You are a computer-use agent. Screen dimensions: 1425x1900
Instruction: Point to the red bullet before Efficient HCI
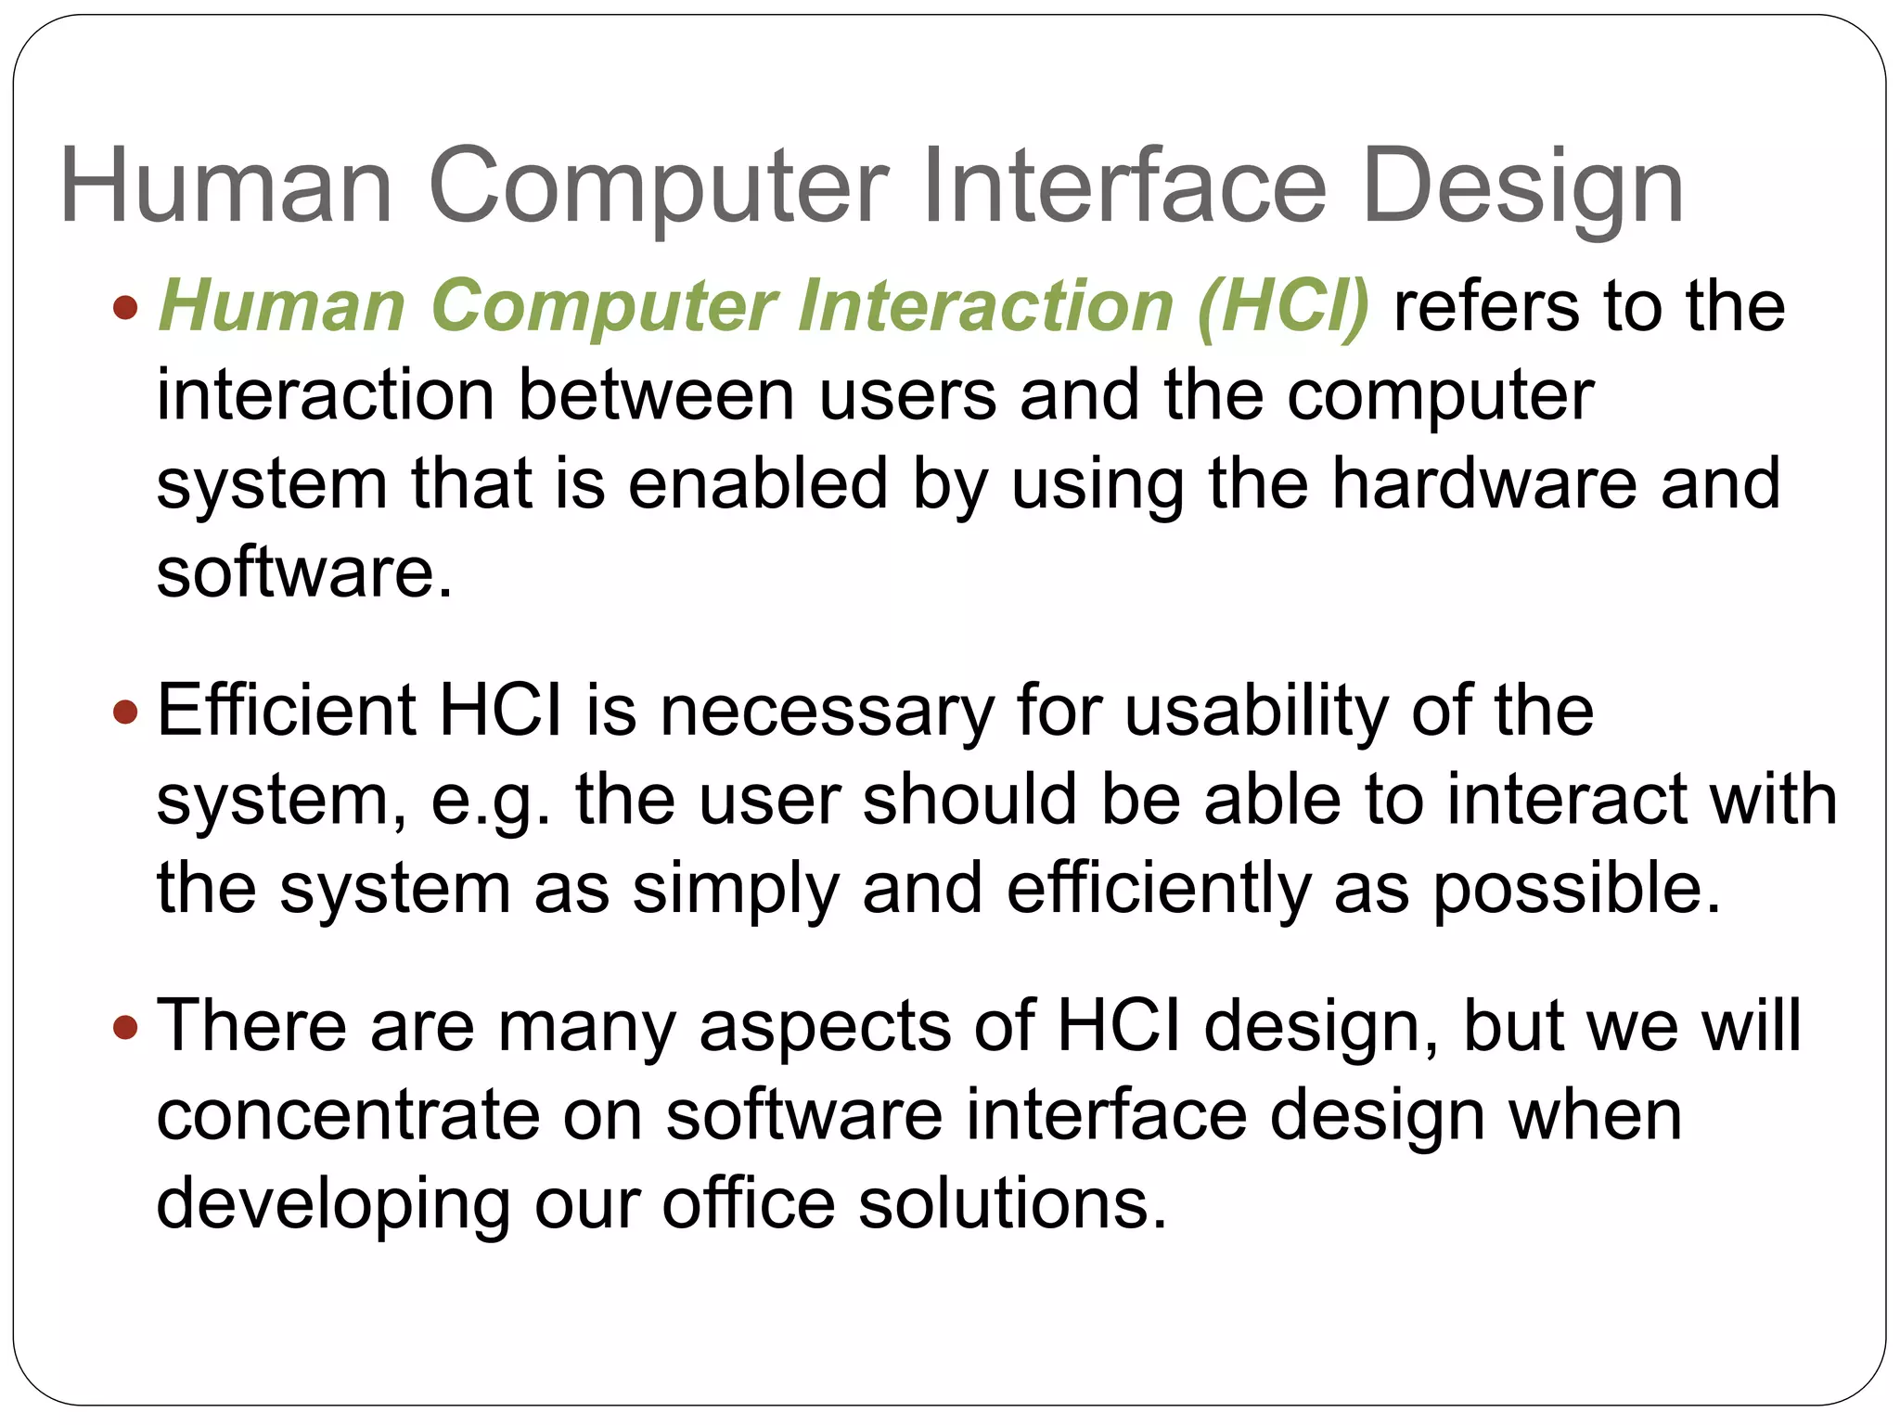click(124, 712)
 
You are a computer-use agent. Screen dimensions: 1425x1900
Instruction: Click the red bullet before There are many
click(124, 1027)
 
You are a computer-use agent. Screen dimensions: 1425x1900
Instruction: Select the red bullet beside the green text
click(124, 306)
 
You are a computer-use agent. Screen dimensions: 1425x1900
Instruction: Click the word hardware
click(1484, 483)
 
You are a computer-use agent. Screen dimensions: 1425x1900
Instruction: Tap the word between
click(656, 395)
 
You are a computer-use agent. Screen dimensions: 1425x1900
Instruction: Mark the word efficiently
click(1159, 889)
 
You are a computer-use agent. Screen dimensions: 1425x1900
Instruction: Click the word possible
click(1577, 889)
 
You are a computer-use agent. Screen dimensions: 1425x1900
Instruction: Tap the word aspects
click(825, 1028)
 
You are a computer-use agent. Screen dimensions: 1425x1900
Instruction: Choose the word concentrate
click(348, 1115)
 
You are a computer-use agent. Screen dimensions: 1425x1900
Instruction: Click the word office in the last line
click(749, 1204)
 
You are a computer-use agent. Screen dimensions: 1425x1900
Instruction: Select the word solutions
click(1012, 1204)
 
